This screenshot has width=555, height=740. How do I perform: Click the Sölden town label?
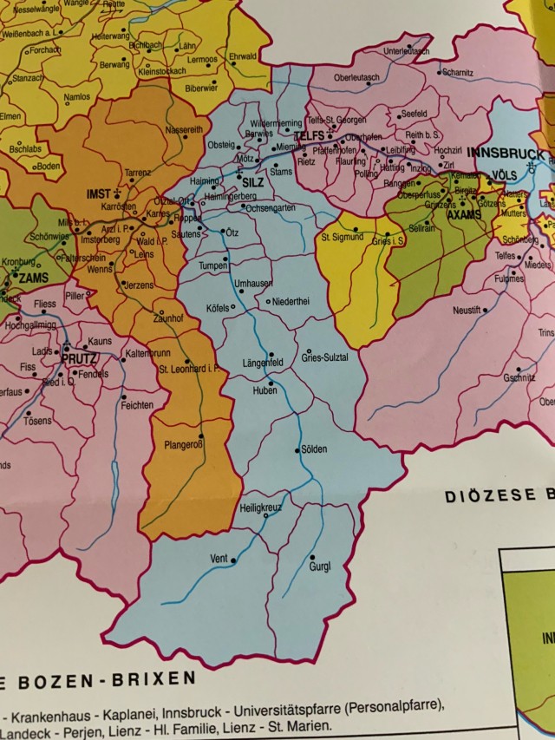coord(314,449)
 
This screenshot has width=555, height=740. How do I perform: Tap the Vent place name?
coord(219,559)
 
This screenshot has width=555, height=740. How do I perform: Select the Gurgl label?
coord(319,566)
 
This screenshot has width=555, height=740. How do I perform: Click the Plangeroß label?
coord(184,446)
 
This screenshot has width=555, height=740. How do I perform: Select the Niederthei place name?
coord(291,301)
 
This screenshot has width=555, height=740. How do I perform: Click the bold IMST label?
coord(101,193)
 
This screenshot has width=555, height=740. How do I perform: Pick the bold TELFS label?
coord(309,136)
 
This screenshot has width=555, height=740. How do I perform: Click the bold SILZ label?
coord(253,183)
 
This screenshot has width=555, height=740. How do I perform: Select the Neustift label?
coord(469,310)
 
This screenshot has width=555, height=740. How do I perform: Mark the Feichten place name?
coord(137,405)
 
